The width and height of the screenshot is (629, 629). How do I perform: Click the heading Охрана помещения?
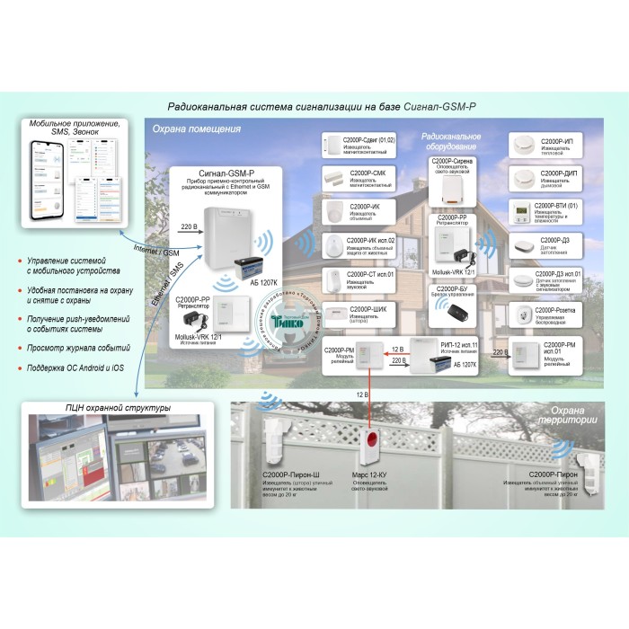[195, 128]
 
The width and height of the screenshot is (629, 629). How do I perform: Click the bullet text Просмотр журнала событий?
[74, 344]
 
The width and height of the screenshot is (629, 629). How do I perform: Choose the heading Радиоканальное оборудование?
[450, 141]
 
